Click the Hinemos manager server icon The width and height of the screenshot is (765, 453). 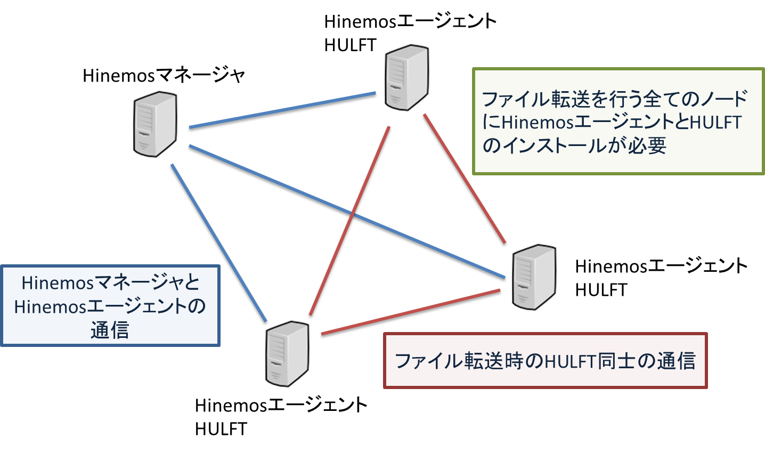point(154,124)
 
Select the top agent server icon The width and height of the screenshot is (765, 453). point(407,78)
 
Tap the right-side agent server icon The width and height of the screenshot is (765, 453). point(534,277)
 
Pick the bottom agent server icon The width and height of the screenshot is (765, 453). point(287,354)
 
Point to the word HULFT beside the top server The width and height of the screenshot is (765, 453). point(350,45)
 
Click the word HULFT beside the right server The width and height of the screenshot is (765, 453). point(601,290)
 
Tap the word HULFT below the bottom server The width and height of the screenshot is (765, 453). point(221,429)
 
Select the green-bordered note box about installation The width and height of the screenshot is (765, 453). point(618,122)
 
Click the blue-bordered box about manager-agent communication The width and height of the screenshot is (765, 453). point(110,306)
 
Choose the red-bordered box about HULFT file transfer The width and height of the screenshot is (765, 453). point(545,361)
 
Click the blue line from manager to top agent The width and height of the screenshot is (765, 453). point(282,111)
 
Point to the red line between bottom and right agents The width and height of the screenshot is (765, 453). point(410,313)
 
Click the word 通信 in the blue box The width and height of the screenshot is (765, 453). point(110,330)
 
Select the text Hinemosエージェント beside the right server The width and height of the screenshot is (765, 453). point(661,266)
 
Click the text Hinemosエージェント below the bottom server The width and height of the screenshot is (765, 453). point(281,406)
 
